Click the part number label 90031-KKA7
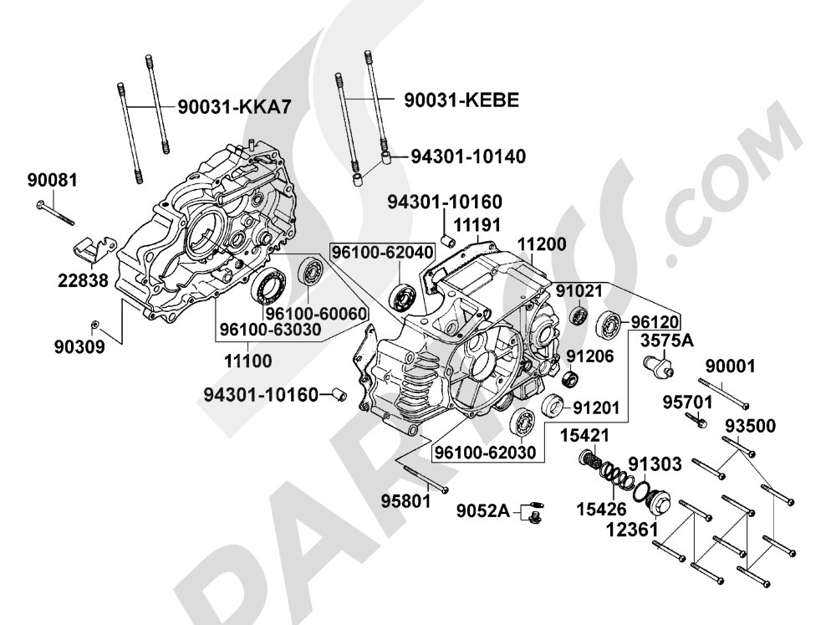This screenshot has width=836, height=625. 238,106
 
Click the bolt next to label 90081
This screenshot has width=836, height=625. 55,213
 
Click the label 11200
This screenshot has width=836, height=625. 541,245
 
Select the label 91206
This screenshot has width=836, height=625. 589,356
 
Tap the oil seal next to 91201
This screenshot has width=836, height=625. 553,408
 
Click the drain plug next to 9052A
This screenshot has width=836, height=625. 533,514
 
